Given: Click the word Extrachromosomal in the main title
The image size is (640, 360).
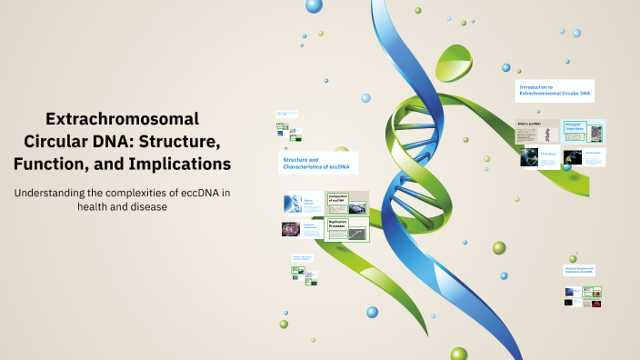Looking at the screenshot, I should pyautogui.click(x=122, y=119).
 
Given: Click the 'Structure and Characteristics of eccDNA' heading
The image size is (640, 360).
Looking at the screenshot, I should pyautogui.click(x=317, y=163).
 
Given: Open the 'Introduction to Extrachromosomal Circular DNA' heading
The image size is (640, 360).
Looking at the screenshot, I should pyautogui.click(x=555, y=90).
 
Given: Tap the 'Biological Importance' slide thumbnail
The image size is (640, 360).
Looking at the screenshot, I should pyautogui.click(x=585, y=131).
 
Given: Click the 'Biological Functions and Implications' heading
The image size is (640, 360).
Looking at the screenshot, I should pyautogui.click(x=581, y=270).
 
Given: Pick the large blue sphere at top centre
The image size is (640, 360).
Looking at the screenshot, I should pyautogui.click(x=314, y=6).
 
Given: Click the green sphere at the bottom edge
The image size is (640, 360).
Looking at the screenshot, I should pyautogui.click(x=458, y=353).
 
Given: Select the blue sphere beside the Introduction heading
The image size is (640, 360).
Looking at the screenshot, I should pyautogui.click(x=506, y=67).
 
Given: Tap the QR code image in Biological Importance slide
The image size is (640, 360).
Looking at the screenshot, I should pyautogui.click(x=596, y=133).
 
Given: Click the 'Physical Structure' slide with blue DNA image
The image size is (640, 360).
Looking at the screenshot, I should pyautogui.click(x=300, y=204).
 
